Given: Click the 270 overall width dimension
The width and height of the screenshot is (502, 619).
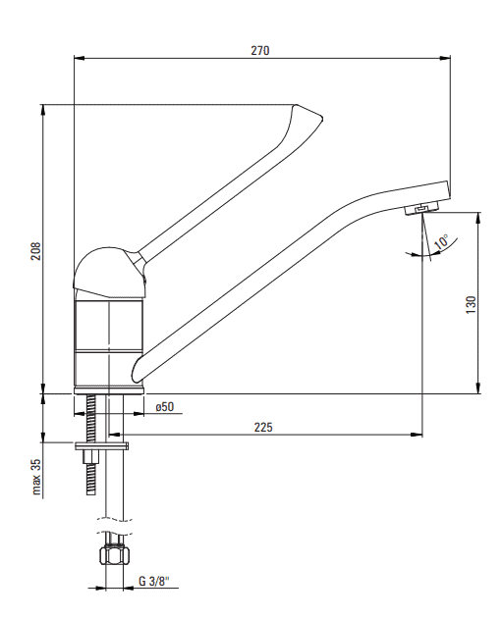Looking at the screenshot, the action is click(260, 51).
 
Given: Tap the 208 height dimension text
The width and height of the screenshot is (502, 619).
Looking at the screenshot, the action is click(36, 251).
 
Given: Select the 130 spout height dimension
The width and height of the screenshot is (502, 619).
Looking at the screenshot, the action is click(472, 305).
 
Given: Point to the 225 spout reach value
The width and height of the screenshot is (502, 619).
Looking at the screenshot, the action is click(263, 427).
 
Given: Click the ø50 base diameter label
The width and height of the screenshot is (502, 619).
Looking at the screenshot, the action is click(165, 406).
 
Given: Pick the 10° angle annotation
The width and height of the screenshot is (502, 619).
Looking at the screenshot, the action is click(441, 241).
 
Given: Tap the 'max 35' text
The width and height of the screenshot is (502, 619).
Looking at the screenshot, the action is click(36, 477).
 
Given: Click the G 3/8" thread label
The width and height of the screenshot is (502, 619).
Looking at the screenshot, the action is click(154, 582).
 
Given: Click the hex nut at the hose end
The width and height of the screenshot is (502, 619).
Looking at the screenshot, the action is click(115, 556).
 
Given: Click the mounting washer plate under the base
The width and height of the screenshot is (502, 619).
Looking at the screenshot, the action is click(102, 445).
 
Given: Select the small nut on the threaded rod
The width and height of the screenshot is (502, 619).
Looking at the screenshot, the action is click(91, 456).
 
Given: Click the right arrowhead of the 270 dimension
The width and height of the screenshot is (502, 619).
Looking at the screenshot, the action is click(445, 59).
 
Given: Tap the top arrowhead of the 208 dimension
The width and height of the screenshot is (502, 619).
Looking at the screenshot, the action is click(43, 110).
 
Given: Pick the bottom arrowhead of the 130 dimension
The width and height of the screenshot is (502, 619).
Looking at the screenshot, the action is click(478, 388).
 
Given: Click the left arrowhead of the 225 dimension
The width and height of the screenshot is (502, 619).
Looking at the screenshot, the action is click(114, 435).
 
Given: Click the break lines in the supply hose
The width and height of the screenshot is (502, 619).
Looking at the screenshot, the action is click(114, 525).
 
